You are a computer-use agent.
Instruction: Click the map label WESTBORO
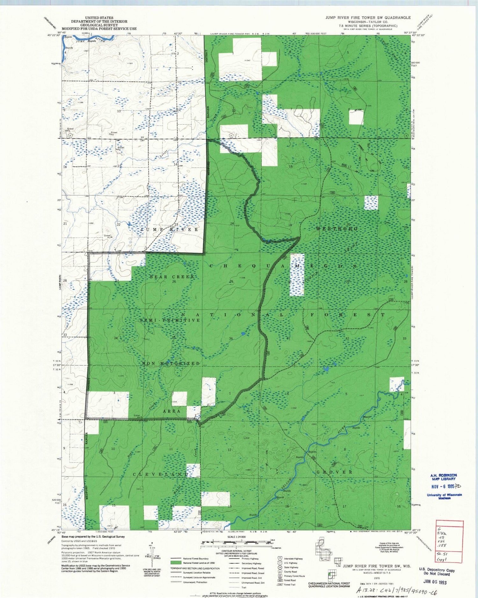337,229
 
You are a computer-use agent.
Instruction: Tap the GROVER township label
334,472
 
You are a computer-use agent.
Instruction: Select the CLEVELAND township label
161,474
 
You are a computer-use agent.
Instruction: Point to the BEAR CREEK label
172,277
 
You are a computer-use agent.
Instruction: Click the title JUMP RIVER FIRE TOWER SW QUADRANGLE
368,18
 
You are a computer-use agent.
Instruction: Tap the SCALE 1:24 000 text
236,537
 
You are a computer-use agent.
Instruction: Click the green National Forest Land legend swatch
176,563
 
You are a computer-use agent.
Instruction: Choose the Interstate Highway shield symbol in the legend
280,558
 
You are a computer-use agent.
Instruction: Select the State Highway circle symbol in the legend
280,567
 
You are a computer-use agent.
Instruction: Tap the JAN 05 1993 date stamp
435,582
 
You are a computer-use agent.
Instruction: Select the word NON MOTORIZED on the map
171,363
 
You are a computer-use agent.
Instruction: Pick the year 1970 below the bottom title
377,578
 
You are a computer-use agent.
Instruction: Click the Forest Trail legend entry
290,585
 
